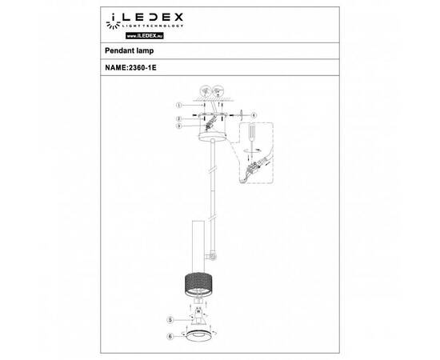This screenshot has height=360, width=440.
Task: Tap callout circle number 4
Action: point(253,114)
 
